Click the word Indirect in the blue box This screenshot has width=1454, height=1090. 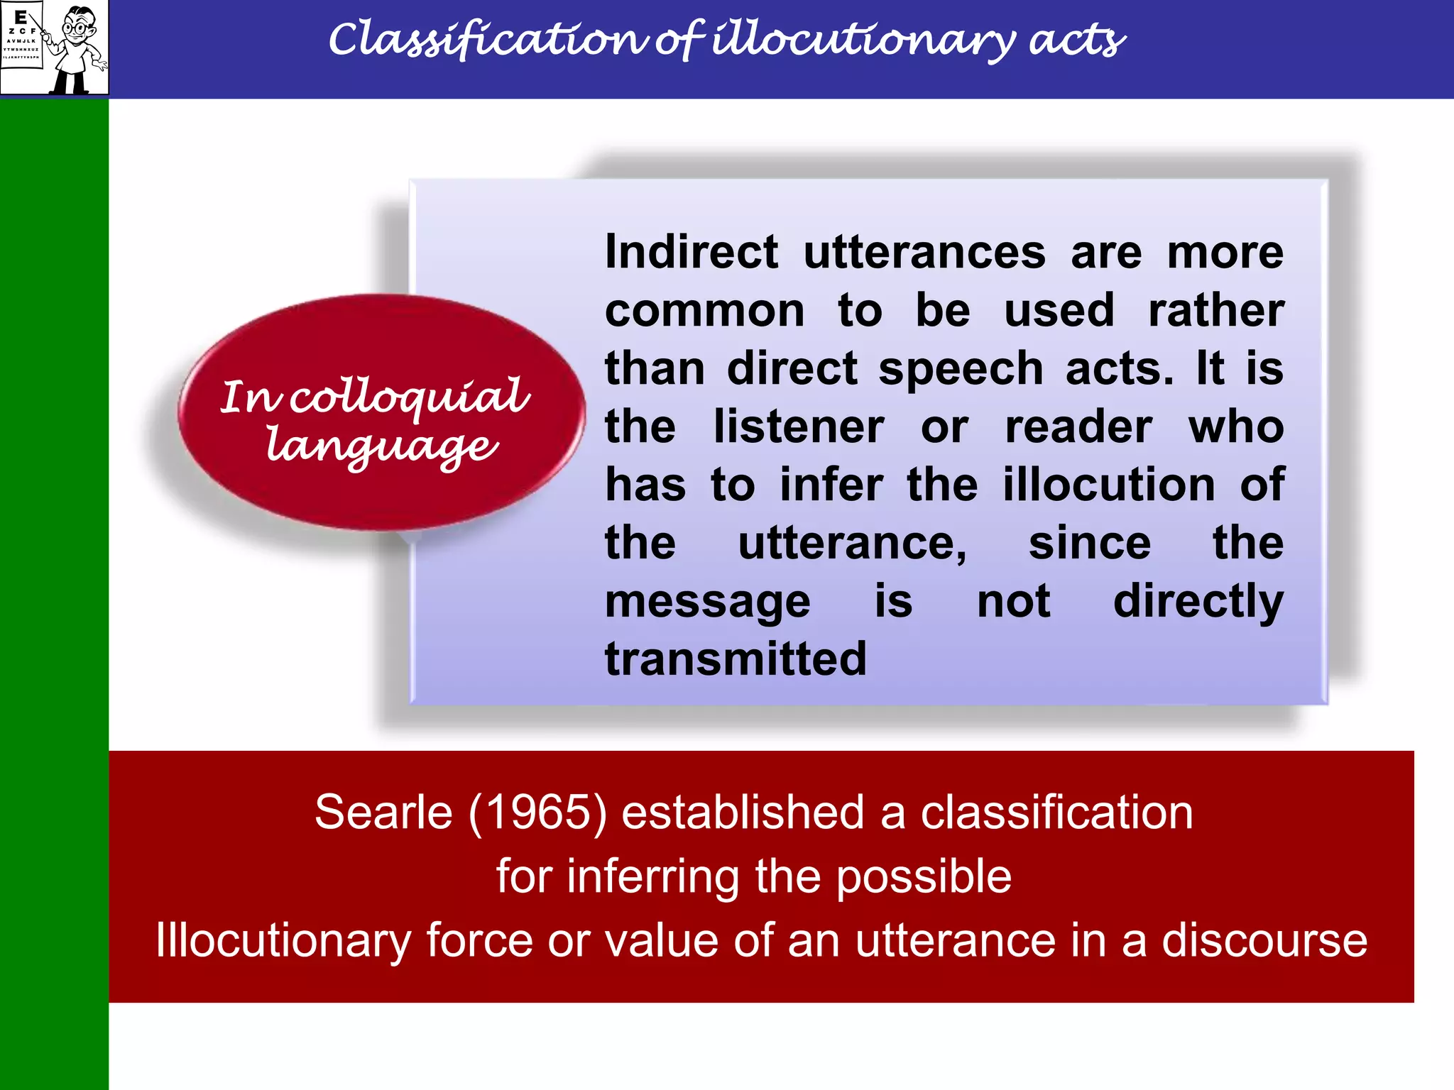(x=691, y=253)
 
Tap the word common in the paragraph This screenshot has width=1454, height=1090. (x=704, y=311)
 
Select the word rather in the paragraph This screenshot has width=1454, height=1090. (x=1215, y=311)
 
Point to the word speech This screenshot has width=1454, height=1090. (x=960, y=369)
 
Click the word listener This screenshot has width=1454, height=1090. (x=799, y=427)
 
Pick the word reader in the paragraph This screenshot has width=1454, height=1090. (x=1078, y=427)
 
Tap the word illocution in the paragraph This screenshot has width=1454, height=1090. (x=1108, y=485)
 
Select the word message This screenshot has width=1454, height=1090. (x=707, y=602)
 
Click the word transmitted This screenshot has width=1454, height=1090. (x=736, y=659)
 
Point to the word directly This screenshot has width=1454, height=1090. (x=1198, y=602)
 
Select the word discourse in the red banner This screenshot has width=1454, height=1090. (x=1264, y=940)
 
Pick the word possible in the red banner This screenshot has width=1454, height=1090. (x=923, y=877)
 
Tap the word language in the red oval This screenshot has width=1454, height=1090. (x=382, y=447)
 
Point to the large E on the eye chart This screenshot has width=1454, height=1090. (x=21, y=17)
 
